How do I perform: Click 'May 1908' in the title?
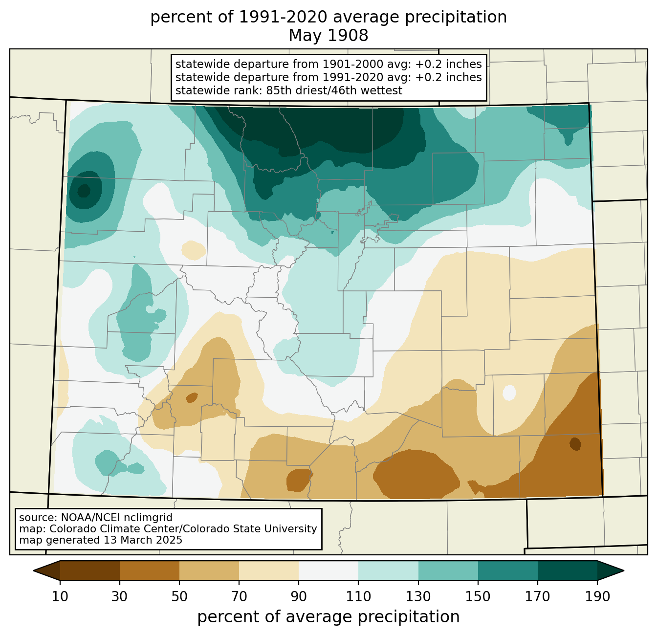point(328,35)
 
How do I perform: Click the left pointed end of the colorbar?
point(34,571)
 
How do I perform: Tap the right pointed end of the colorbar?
point(623,571)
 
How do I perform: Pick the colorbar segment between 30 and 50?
point(149,571)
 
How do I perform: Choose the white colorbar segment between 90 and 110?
point(328,571)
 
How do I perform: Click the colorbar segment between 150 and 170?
point(508,571)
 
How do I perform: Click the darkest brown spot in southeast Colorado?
point(575,444)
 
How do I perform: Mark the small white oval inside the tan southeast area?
point(509,393)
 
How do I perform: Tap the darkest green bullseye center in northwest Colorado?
point(84,191)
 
